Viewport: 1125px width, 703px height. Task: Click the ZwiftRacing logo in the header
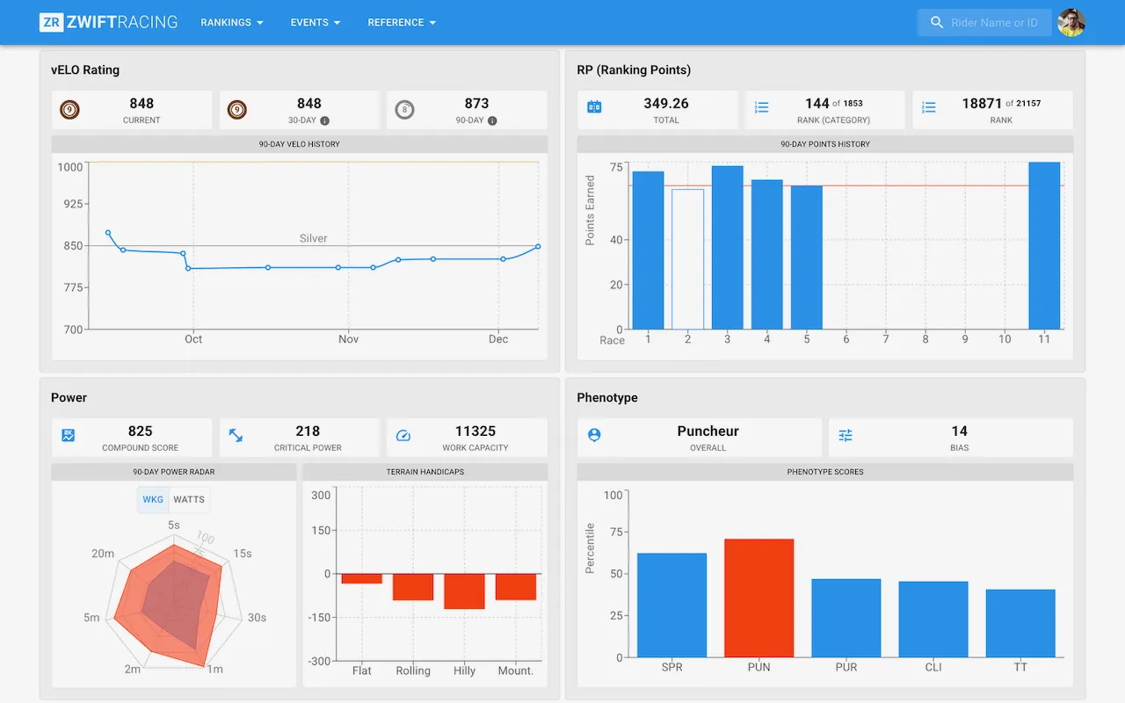pos(108,22)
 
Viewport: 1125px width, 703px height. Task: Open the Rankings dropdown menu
pos(232,22)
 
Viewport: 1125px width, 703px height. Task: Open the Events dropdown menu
pos(316,22)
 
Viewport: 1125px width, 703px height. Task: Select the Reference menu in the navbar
pos(402,22)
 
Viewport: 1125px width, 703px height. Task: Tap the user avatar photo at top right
pos(1071,23)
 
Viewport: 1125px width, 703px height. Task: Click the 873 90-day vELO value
pos(476,104)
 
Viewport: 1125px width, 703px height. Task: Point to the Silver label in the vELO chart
pos(313,238)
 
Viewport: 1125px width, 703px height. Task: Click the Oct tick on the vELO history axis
pos(193,339)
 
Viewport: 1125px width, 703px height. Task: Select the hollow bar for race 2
pos(687,259)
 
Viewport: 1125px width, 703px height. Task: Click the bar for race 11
pos(1044,246)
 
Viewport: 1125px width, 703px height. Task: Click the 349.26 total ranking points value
pos(666,104)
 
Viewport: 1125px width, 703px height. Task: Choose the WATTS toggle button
pos(189,500)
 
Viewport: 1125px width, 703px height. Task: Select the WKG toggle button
pos(153,500)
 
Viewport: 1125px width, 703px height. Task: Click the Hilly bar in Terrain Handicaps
pos(464,591)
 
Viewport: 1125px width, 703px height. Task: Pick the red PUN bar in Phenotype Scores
pos(758,598)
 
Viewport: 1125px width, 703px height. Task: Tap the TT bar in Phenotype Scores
pos(1020,623)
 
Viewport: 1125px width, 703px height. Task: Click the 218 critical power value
pos(308,431)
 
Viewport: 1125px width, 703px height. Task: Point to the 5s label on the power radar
pos(174,525)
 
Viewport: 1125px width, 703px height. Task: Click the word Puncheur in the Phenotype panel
pos(708,431)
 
